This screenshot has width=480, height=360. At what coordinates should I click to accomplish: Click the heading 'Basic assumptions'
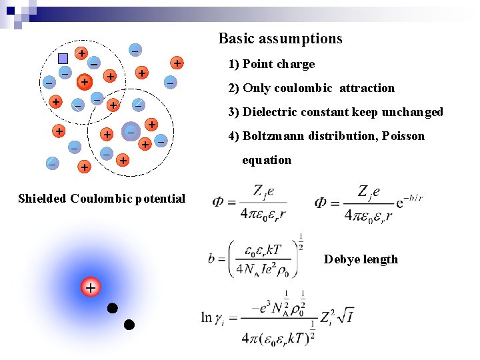point(280,39)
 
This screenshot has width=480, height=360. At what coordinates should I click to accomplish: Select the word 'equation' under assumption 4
point(266,160)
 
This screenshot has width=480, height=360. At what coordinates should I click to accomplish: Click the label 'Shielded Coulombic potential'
point(101,198)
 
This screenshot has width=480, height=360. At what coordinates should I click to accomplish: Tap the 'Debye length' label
point(361,259)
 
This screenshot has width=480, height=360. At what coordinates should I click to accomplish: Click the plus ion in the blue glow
point(90,288)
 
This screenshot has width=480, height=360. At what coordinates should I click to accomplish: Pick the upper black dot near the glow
point(113,308)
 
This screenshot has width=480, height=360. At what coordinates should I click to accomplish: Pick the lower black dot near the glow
point(129,325)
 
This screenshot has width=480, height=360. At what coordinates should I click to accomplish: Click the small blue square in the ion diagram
point(63,58)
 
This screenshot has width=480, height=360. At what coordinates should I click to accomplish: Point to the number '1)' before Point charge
point(233,64)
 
